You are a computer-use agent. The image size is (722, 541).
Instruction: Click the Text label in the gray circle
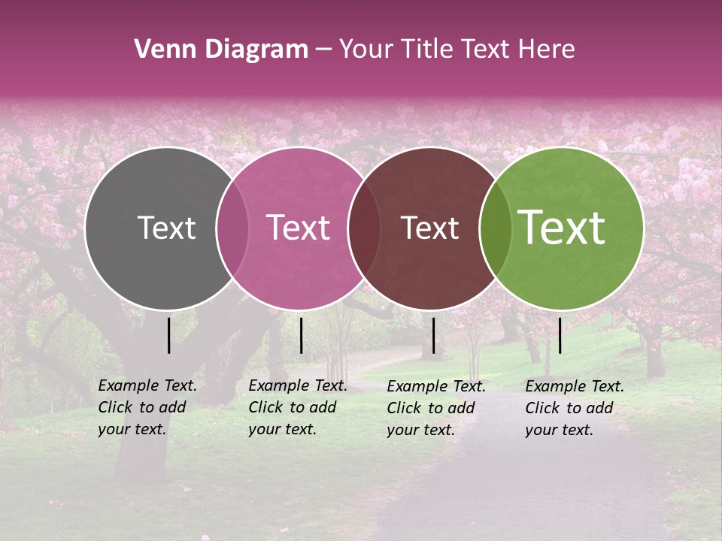tap(166, 228)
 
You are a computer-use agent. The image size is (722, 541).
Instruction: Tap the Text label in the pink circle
tap(298, 228)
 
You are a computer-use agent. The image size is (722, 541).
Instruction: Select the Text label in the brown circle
tap(429, 228)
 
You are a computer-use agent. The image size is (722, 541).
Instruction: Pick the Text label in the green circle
tap(561, 228)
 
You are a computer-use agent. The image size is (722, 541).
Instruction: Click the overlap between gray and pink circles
tap(232, 228)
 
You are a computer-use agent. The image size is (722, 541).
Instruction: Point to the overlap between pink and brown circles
tap(364, 228)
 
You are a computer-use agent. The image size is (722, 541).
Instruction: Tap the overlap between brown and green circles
tap(495, 228)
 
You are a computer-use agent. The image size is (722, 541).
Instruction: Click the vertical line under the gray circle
tap(169, 335)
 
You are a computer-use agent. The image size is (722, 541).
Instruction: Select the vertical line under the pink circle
tap(301, 335)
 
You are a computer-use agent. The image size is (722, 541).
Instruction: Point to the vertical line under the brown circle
tap(433, 335)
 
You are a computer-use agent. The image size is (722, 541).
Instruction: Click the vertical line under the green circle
tap(560, 335)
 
